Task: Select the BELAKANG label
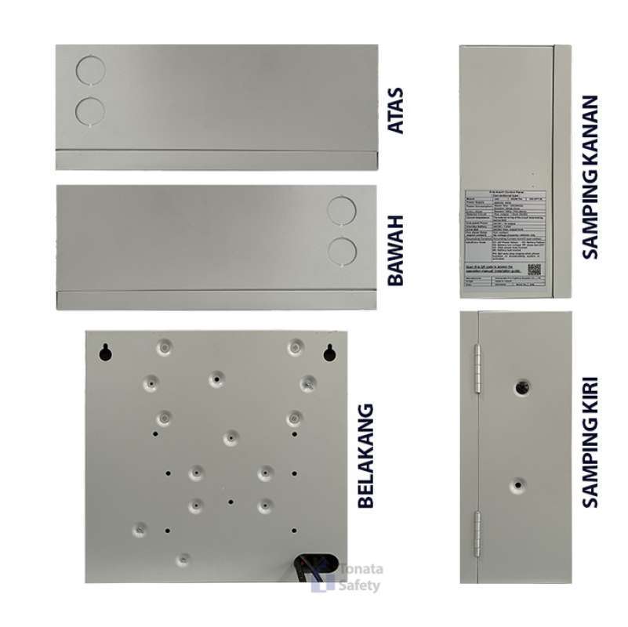tap(365, 458)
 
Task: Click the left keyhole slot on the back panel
tap(104, 353)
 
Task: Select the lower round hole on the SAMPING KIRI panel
tap(518, 485)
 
